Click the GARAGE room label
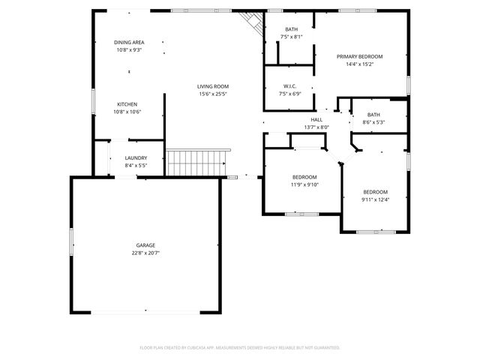pos(145,245)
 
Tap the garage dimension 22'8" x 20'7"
pos(145,253)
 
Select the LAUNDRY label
pos(136,157)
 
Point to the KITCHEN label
pos(127,104)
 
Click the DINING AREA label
pos(129,42)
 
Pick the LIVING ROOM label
pos(213,87)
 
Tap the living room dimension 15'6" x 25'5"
pos(213,94)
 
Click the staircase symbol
pos(196,160)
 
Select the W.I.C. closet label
pos(290,87)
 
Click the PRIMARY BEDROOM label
pos(359,57)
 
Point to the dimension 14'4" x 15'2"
pos(359,64)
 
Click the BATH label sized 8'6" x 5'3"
pos(373,115)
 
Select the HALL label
pos(316,120)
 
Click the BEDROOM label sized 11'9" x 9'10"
pos(304,177)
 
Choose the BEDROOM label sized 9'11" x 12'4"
pos(375,192)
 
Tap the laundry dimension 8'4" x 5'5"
pos(136,165)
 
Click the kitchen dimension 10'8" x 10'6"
pos(127,112)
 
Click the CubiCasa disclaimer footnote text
pos(240,348)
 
